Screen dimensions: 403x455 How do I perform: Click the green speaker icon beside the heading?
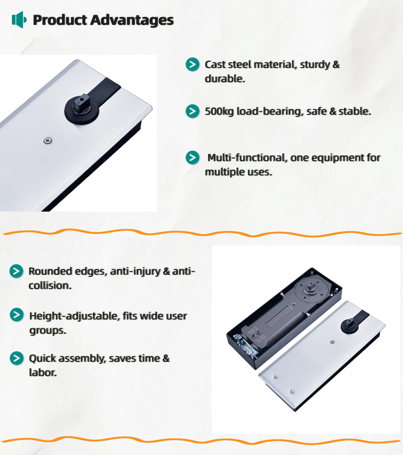click(19, 20)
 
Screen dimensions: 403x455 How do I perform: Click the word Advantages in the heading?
click(132, 20)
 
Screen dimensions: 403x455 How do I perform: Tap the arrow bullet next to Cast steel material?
click(193, 64)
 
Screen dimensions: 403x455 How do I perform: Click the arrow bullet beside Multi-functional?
click(193, 157)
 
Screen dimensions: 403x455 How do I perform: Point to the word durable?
click(225, 79)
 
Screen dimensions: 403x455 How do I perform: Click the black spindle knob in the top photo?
click(82, 108)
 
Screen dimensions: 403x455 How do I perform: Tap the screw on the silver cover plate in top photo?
click(48, 141)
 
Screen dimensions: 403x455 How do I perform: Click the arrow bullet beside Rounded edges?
click(17, 271)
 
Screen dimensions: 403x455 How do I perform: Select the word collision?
click(50, 286)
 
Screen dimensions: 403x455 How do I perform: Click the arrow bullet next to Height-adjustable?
click(17, 315)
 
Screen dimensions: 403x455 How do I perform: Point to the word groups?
click(48, 330)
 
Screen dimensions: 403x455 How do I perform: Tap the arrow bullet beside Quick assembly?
click(17, 359)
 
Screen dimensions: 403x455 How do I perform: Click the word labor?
click(43, 373)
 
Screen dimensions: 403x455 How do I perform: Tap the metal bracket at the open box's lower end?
click(245, 346)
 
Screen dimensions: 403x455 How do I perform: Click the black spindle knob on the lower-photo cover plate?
click(350, 325)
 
